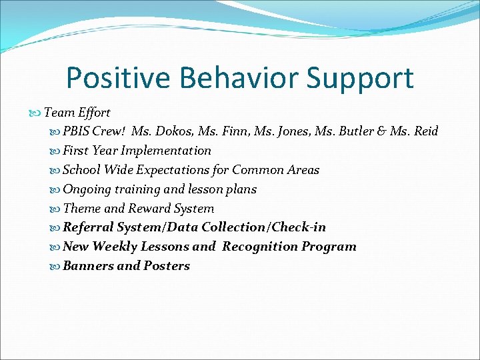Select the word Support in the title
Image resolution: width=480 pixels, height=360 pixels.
(361, 79)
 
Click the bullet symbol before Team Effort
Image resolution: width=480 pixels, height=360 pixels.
(37, 113)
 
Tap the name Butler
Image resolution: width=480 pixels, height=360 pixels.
(357, 131)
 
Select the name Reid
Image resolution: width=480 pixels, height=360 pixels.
(425, 131)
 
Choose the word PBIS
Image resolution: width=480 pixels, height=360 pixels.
(77, 131)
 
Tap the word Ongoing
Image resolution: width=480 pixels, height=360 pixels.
(85, 189)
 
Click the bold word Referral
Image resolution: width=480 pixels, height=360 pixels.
(89, 227)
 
